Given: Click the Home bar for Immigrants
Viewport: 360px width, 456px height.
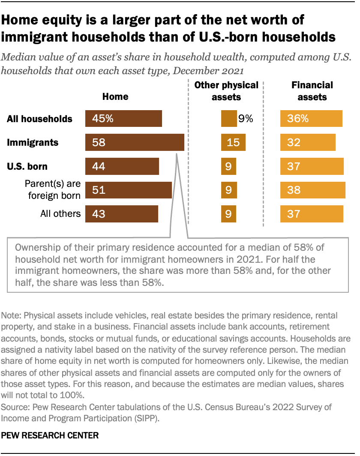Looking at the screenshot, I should click(135, 142).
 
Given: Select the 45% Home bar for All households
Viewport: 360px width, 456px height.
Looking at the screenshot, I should click(123, 119).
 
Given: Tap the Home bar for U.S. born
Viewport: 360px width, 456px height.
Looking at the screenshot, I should click(122, 166).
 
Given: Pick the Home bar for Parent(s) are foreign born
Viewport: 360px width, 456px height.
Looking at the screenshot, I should click(129, 190).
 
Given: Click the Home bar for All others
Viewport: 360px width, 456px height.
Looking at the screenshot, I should click(122, 213).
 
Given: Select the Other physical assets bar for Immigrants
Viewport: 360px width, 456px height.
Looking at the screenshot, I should click(233, 142).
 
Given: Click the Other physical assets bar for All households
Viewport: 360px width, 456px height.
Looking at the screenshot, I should click(229, 119).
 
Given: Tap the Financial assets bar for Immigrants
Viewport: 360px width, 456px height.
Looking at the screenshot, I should click(308, 142).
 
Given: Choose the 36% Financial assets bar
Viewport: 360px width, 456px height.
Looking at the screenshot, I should click(311, 119).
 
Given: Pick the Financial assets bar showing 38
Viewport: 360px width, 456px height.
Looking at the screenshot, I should click(312, 190).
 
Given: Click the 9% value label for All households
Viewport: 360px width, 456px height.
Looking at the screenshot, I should click(246, 119).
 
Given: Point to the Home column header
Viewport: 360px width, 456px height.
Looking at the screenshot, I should click(115, 96).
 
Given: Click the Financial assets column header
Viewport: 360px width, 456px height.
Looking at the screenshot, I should click(312, 91).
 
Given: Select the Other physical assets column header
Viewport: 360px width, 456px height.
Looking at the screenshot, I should click(226, 91).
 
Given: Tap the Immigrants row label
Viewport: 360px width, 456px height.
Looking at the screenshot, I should click(32, 142).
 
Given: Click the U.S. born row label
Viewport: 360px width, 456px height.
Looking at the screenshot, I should click(27, 166).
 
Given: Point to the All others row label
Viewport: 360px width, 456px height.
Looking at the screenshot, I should click(60, 213).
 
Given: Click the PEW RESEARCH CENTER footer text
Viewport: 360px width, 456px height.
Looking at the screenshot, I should click(50, 435).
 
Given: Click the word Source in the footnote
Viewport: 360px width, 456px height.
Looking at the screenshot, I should click(13, 406).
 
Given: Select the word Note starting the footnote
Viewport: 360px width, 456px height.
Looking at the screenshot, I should click(11, 315).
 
